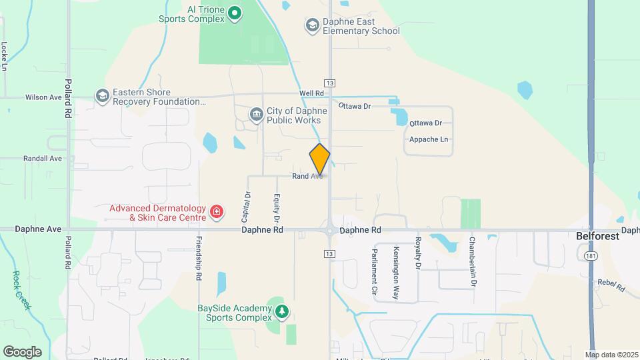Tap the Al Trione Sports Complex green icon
pyautogui.click(x=235, y=12)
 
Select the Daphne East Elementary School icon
pyautogui.click(x=312, y=25)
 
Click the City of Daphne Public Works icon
pyautogui.click(x=257, y=115)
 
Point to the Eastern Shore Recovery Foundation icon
pyautogui.click(x=102, y=97)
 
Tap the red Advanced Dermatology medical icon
pyautogui.click(x=216, y=212)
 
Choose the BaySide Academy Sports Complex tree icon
pyautogui.click(x=283, y=312)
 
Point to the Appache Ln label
pyautogui.click(x=428, y=139)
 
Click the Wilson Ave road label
pyautogui.click(x=43, y=97)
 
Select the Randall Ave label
pyautogui.click(x=43, y=159)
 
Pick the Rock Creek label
pyautogui.click(x=22, y=289)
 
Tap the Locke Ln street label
pyautogui.click(x=5, y=57)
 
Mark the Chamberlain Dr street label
pyautogui.click(x=473, y=261)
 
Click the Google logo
pyautogui.click(x=22, y=351)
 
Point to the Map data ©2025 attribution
pyautogui.click(x=611, y=354)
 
